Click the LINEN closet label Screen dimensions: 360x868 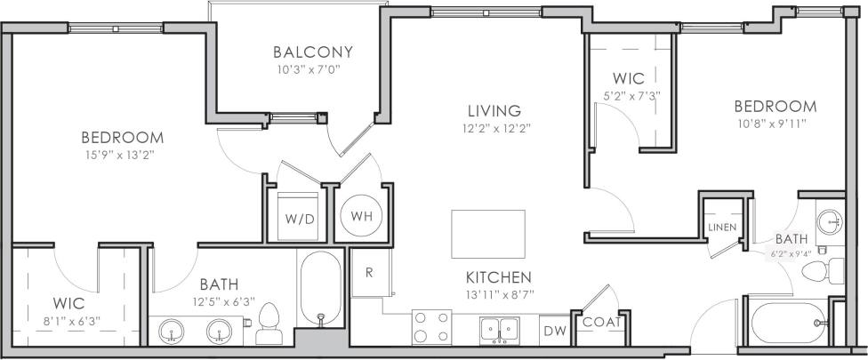(x=721, y=228)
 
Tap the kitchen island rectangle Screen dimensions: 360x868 (x=487, y=231)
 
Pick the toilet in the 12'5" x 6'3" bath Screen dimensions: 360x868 (x=268, y=326)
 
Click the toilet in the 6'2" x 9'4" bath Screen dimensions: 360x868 (x=832, y=270)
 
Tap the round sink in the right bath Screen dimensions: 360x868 (x=830, y=220)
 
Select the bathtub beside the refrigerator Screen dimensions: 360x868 (x=320, y=287)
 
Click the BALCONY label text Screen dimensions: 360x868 (x=313, y=52)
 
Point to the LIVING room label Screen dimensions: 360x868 (x=494, y=111)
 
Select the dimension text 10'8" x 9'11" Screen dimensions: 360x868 (x=771, y=124)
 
